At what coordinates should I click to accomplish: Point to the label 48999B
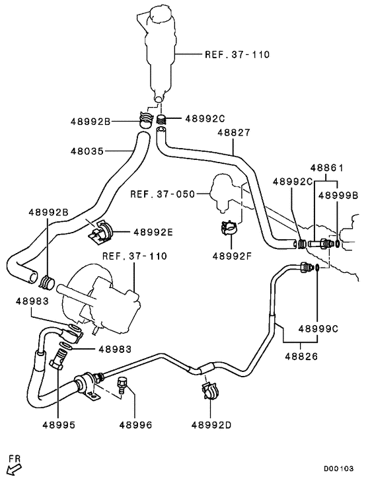[x=338, y=195]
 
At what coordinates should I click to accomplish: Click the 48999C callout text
[x=318, y=328]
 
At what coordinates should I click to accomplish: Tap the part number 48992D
[x=211, y=424]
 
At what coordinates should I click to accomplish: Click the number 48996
[x=135, y=424]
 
